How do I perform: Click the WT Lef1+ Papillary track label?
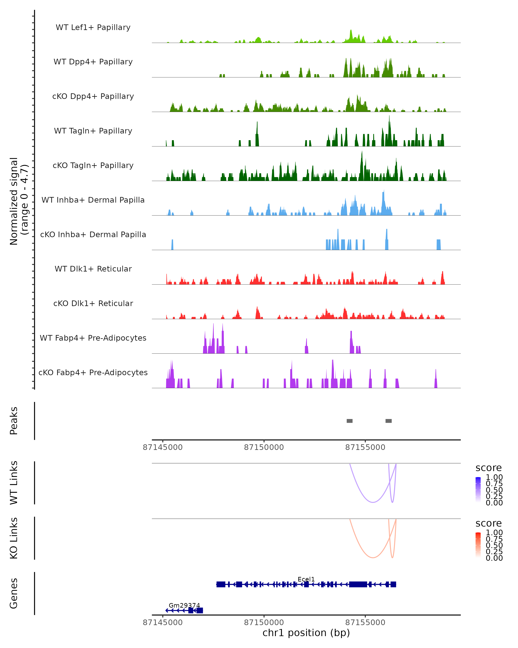point(93,27)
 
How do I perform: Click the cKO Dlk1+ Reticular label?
point(93,303)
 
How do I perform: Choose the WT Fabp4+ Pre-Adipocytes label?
point(93,338)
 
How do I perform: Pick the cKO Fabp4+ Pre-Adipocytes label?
point(93,372)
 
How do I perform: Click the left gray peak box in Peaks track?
point(349,421)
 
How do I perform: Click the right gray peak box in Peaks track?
point(388,421)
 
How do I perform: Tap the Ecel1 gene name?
point(306,579)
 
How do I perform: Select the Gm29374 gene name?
point(184,605)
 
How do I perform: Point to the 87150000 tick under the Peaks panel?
point(264,448)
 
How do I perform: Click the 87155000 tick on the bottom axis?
point(365,623)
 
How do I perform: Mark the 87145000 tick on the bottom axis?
point(163,623)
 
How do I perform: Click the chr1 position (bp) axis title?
point(306,633)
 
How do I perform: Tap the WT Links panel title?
point(14,483)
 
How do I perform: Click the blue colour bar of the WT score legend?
point(478,489)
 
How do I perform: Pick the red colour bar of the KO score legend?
point(478,545)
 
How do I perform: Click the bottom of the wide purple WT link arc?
point(373,502)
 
